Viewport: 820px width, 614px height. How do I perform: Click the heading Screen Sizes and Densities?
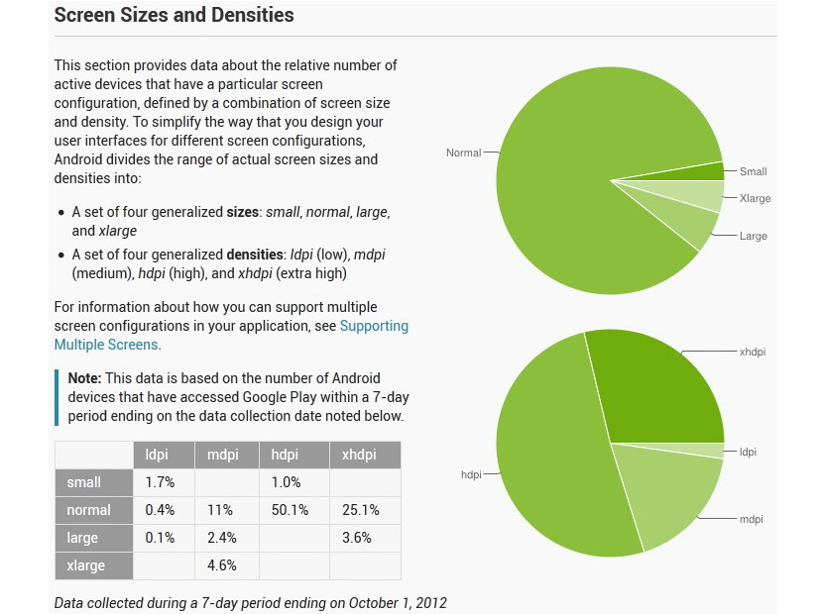pos(174,16)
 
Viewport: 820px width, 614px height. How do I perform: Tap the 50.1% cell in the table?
pos(290,510)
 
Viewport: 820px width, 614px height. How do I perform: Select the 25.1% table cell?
pos(360,510)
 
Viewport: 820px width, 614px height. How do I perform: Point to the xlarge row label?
pos(87,565)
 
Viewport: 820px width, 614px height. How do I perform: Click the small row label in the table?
pos(84,483)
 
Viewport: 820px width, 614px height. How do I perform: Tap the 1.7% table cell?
pos(160,483)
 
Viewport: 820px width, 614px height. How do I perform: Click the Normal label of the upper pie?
pos(463,153)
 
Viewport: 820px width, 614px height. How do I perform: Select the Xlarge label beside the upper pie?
pos(755,198)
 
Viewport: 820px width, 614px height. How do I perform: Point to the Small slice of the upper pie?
pos(710,171)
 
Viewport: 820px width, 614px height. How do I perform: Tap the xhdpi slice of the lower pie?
pos(659,386)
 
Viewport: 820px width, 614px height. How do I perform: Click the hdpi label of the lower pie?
pos(471,474)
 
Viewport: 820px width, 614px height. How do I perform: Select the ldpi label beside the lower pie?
pos(748,452)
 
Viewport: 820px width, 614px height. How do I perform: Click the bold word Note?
pos(84,378)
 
